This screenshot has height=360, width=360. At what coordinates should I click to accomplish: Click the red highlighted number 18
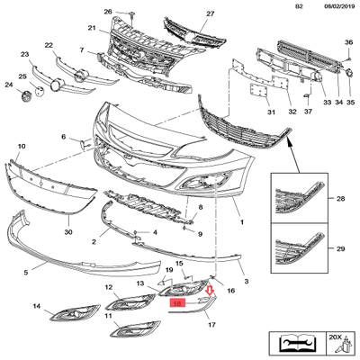[x=177, y=304]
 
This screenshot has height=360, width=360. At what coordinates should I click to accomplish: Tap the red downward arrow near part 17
[x=210, y=291]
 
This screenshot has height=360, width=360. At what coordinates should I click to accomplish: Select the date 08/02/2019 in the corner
[x=337, y=6]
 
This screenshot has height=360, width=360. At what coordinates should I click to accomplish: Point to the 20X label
[x=335, y=337]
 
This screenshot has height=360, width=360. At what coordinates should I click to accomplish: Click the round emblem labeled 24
[x=27, y=96]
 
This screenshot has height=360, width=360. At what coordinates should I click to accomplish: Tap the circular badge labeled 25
[x=40, y=91]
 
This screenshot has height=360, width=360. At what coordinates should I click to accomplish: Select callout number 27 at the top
[x=211, y=13]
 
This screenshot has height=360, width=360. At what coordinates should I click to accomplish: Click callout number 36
[x=348, y=42]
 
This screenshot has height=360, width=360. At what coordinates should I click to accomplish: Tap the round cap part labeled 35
[x=350, y=74]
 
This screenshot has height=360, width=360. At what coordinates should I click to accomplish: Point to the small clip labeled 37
[x=307, y=96]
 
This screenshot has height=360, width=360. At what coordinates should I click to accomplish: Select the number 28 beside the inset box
[x=340, y=199]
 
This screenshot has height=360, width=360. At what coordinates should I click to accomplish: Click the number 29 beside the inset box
[x=340, y=248]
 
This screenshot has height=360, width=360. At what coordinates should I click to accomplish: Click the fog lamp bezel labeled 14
[x=76, y=313]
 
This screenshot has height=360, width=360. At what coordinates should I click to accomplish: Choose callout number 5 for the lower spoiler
[x=26, y=273]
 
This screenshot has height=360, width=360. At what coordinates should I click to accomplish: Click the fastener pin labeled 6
[x=84, y=145]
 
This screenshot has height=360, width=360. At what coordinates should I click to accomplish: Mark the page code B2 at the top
[x=299, y=6]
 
